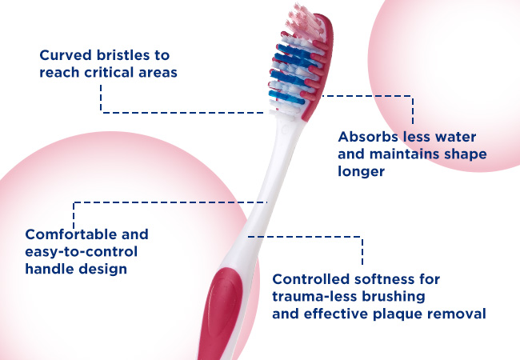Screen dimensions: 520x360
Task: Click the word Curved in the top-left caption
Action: (x=66, y=55)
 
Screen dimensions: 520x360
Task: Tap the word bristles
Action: (x=123, y=55)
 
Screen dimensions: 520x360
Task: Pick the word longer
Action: (x=361, y=171)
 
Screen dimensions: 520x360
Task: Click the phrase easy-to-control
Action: (x=82, y=252)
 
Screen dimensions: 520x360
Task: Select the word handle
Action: (x=50, y=269)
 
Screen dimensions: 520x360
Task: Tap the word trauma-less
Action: (x=314, y=296)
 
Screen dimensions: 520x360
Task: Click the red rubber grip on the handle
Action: (x=221, y=312)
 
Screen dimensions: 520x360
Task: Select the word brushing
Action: (x=393, y=297)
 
